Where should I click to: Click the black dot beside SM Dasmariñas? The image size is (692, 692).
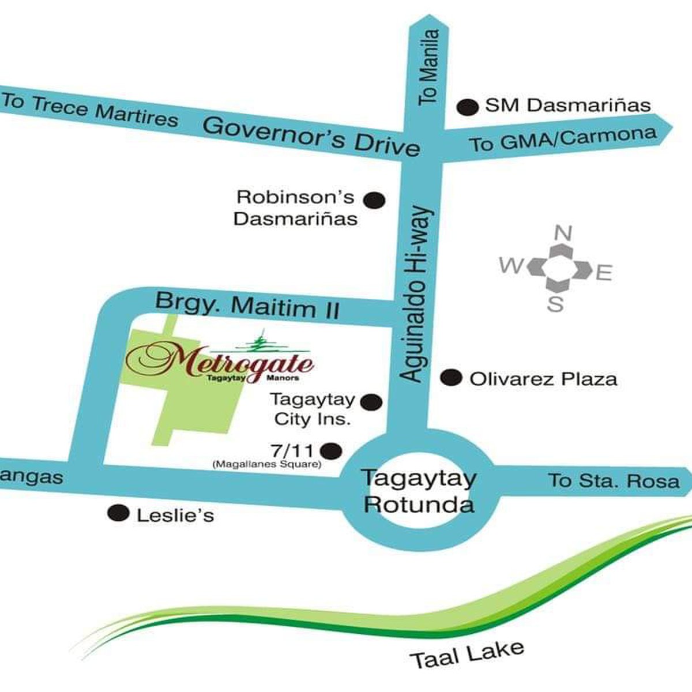[x=468, y=107]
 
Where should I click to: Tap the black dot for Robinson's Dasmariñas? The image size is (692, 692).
[x=374, y=200]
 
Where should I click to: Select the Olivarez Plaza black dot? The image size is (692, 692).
[x=451, y=378]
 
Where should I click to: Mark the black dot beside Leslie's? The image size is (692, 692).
[x=119, y=513]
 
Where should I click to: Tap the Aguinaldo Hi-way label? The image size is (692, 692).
[x=416, y=294]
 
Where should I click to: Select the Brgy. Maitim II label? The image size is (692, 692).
[x=247, y=305]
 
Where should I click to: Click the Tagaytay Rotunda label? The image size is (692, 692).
[x=419, y=491]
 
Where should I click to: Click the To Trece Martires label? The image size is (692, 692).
[x=89, y=109]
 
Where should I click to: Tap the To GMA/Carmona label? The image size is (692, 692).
[x=562, y=139]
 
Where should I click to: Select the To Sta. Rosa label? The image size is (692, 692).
[x=614, y=480]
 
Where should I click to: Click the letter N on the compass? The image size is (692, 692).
[x=563, y=234]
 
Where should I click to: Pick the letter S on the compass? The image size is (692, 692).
[x=555, y=304]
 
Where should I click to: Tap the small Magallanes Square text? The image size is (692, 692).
[x=266, y=464]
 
